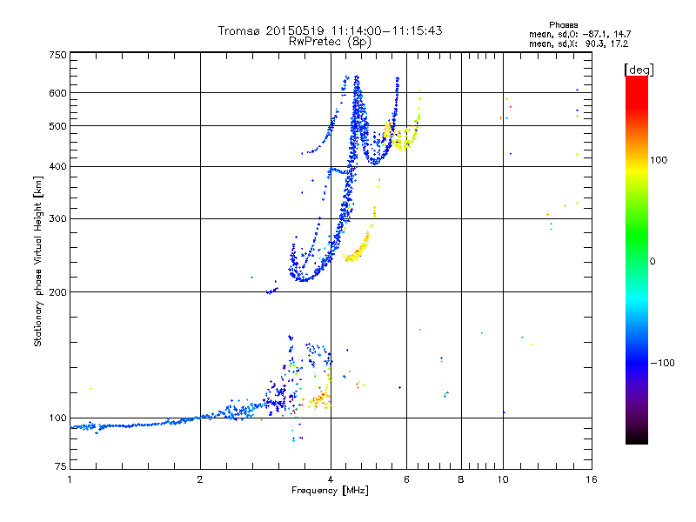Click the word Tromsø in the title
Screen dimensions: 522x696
point(237,30)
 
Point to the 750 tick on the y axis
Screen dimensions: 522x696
point(57,55)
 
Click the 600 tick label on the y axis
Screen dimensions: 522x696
point(57,93)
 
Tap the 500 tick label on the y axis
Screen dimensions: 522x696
point(57,126)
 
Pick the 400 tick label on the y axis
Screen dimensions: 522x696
point(57,167)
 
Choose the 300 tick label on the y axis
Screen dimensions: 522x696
point(57,219)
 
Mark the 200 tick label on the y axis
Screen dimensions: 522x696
point(57,292)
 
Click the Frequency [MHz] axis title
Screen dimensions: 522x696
point(330,492)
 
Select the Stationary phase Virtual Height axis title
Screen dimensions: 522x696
point(38,261)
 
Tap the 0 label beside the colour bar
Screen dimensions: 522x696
point(654,261)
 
